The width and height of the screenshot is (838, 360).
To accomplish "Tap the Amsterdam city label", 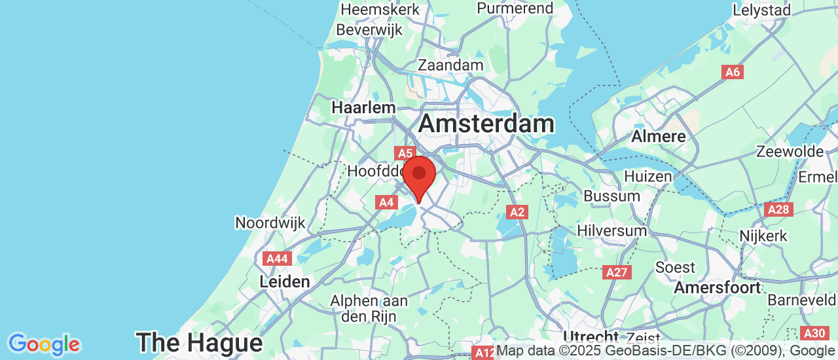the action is click(x=486, y=124).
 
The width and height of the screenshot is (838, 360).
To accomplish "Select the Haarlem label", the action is click(x=363, y=107).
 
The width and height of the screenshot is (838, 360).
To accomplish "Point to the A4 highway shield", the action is click(x=386, y=202).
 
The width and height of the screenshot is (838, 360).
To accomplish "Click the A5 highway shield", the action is click(x=405, y=153).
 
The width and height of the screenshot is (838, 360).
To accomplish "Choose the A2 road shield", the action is click(x=517, y=211).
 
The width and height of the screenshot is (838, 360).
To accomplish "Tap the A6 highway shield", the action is click(x=733, y=72).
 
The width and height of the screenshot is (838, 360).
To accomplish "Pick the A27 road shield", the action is click(x=617, y=272).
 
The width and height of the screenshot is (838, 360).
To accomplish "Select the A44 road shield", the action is click(x=277, y=259).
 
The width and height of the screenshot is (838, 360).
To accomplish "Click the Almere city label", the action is click(x=659, y=137).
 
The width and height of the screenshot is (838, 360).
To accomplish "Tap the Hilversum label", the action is click(x=611, y=230).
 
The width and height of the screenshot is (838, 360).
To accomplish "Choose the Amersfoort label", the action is click(x=718, y=287).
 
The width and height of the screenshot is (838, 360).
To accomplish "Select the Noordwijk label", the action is click(x=270, y=223).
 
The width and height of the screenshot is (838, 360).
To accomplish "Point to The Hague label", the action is click(x=199, y=342).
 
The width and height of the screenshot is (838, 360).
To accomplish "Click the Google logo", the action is click(x=44, y=344).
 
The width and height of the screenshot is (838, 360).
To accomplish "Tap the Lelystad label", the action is click(x=761, y=10).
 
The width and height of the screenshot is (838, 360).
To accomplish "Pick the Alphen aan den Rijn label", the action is click(x=369, y=308).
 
